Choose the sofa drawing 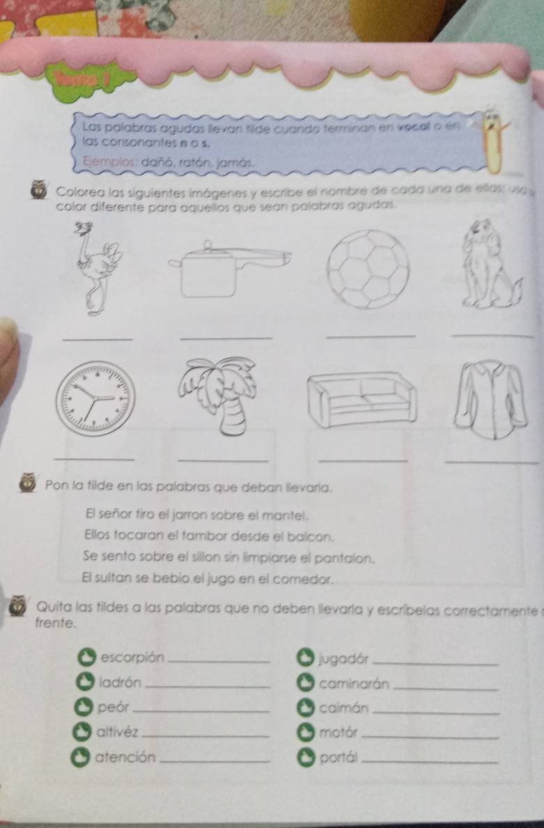(x=362, y=398)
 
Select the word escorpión (x=132, y=657)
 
